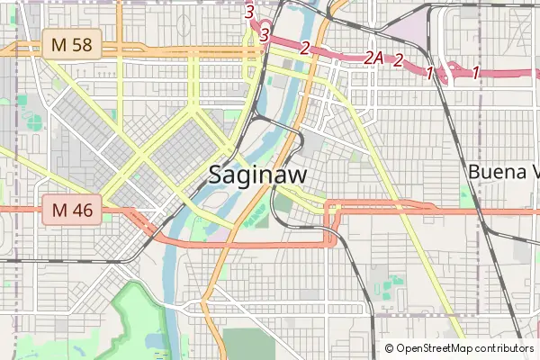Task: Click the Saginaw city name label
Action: coord(256,175)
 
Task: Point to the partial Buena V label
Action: coord(503,172)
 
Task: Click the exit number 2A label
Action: coord(374,58)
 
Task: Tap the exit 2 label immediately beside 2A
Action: coord(398,60)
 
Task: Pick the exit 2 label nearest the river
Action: coord(306,48)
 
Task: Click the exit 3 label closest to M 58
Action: coord(264,34)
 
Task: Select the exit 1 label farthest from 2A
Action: coord(475,73)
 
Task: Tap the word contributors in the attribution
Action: coord(501,348)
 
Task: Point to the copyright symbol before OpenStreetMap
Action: coord(390,348)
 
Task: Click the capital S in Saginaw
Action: coord(216,175)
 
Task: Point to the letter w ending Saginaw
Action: coord(295,175)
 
